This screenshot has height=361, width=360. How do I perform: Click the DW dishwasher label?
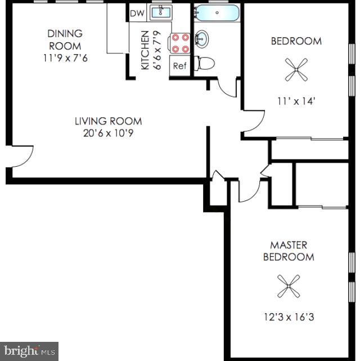(137, 14)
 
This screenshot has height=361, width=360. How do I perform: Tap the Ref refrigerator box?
(180, 66)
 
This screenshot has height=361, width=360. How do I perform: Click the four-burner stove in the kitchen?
(181, 43)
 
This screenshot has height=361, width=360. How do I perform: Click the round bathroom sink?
(202, 38)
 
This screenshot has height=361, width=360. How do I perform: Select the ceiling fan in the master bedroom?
(289, 286)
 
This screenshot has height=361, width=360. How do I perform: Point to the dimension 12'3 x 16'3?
(289, 317)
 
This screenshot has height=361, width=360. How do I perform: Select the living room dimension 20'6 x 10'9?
(109, 133)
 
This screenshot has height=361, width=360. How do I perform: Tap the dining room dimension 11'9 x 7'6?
(64, 57)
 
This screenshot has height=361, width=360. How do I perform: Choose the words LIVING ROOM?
(109, 121)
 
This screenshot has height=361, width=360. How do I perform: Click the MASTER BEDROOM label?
(289, 251)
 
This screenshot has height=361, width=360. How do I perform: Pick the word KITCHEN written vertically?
(145, 51)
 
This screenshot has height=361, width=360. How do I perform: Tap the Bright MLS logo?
(29, 351)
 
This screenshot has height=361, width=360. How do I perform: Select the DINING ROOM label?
(64, 39)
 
